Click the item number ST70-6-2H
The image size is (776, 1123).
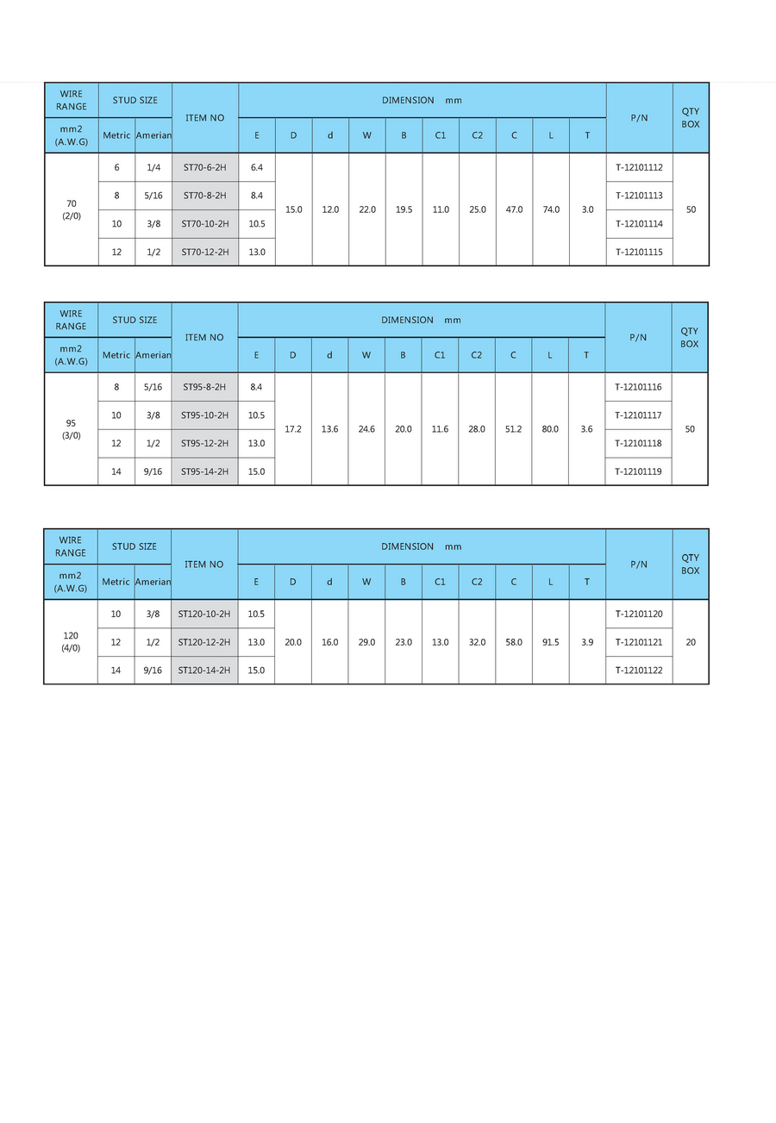pyautogui.click(x=204, y=167)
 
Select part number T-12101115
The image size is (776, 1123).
pyautogui.click(x=639, y=252)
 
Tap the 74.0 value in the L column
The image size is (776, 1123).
pyautogui.click(x=551, y=209)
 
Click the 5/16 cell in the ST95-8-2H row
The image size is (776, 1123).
pyautogui.click(x=153, y=387)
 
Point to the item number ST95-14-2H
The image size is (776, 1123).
pyautogui.click(x=204, y=471)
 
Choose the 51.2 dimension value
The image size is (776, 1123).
pyautogui.click(x=513, y=429)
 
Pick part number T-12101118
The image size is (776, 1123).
pyautogui.click(x=638, y=443)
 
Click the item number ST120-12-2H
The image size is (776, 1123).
pyautogui.click(x=204, y=642)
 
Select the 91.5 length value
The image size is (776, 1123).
pyautogui.click(x=550, y=642)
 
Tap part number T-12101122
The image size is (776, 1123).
pyautogui.click(x=639, y=670)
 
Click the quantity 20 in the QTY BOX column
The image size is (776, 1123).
pyautogui.click(x=691, y=642)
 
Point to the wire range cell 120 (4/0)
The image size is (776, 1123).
pyautogui.click(x=71, y=642)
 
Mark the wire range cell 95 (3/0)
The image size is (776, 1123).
pyautogui.click(x=71, y=429)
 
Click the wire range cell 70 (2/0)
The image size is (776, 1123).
pyautogui.click(x=71, y=209)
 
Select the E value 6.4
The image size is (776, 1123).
pyautogui.click(x=257, y=167)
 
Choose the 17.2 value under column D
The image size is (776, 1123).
pyautogui.click(x=293, y=429)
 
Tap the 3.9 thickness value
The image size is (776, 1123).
pyautogui.click(x=587, y=642)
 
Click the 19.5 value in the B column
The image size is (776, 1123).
pyautogui.click(x=404, y=209)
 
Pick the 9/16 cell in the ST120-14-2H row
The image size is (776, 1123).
pyautogui.click(x=153, y=670)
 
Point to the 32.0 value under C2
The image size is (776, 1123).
pyautogui.click(x=477, y=642)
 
